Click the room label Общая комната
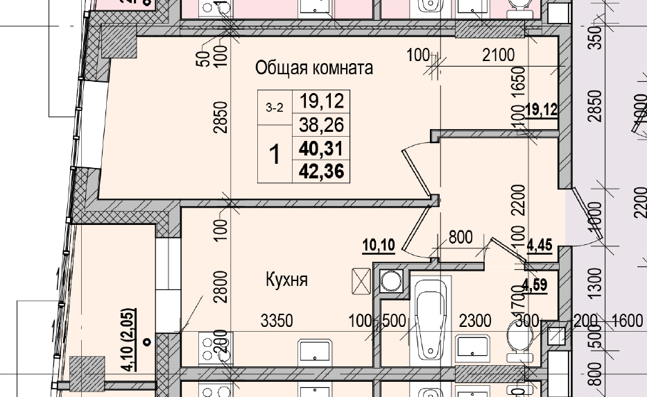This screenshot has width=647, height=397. [x=314, y=68]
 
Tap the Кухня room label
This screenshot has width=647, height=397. [x=286, y=280]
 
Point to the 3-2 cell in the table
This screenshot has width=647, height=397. [x=275, y=108]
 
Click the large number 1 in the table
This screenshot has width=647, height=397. [x=275, y=155]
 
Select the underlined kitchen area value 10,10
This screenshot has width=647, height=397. [x=378, y=245]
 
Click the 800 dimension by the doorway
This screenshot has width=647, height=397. [x=460, y=237]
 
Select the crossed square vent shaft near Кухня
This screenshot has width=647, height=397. [x=362, y=282]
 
